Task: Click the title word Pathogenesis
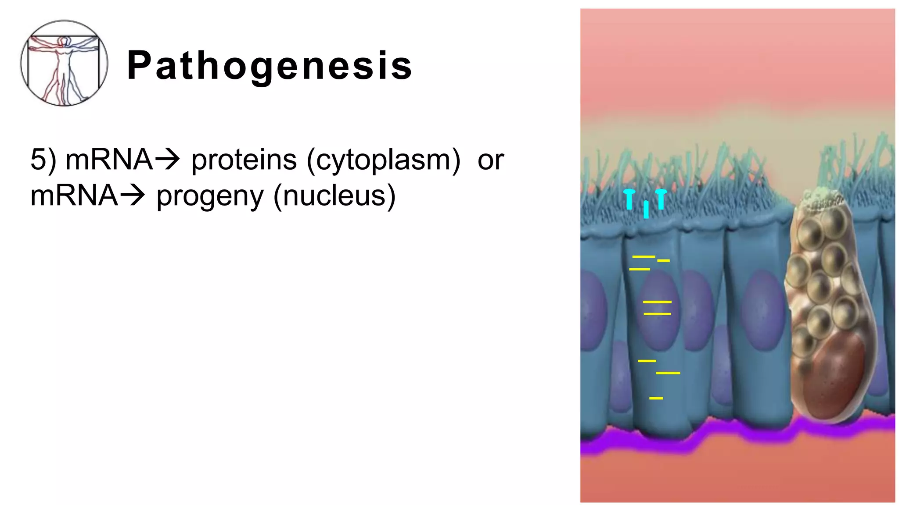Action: tap(270, 66)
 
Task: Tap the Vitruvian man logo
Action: tap(64, 63)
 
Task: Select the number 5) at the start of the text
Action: tap(43, 160)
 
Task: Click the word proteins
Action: tap(244, 160)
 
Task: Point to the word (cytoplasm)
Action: tap(383, 160)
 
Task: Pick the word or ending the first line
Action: tap(490, 160)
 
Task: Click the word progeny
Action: tap(210, 196)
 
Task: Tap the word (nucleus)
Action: tap(334, 196)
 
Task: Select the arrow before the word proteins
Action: tap(167, 160)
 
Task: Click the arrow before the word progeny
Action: tap(132, 196)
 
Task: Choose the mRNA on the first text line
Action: tap(108, 160)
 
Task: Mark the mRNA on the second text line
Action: tap(74, 196)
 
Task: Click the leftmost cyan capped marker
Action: tap(629, 199)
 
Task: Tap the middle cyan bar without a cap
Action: tap(646, 209)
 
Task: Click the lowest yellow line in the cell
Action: tap(656, 398)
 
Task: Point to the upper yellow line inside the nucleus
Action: tap(657, 302)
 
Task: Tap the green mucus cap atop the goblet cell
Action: tap(819, 199)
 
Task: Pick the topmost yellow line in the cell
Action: tap(644, 256)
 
